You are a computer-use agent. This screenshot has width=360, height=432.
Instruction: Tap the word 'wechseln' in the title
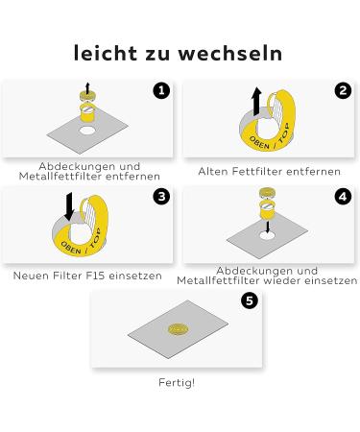[x=230, y=53]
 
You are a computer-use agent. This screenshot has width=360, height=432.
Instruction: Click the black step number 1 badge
[x=161, y=90]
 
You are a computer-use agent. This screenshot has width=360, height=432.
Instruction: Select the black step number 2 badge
[x=343, y=90]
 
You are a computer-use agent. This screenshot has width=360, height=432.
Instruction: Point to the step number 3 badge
[x=161, y=196]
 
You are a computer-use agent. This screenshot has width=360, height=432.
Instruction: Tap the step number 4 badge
[x=343, y=196]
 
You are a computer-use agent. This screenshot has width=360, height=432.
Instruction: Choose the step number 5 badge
[x=250, y=300]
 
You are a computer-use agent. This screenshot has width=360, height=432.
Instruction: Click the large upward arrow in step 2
[x=256, y=101]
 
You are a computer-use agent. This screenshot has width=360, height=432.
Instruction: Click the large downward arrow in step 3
[x=69, y=206]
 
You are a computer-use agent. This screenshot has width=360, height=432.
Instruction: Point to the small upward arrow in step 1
[x=87, y=88]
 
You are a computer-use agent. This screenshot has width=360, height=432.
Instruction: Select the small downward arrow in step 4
[x=268, y=226]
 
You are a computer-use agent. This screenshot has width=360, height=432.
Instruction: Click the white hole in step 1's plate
[x=87, y=131]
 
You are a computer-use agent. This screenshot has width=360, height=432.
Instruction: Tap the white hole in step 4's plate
[x=268, y=236]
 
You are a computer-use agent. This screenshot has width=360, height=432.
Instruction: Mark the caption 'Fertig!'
[x=177, y=382]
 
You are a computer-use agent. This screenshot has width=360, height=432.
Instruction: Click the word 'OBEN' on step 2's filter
[x=259, y=143]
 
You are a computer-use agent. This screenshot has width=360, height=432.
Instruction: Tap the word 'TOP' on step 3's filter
[x=95, y=238]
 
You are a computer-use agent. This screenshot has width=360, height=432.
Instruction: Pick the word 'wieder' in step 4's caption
[x=283, y=280]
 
